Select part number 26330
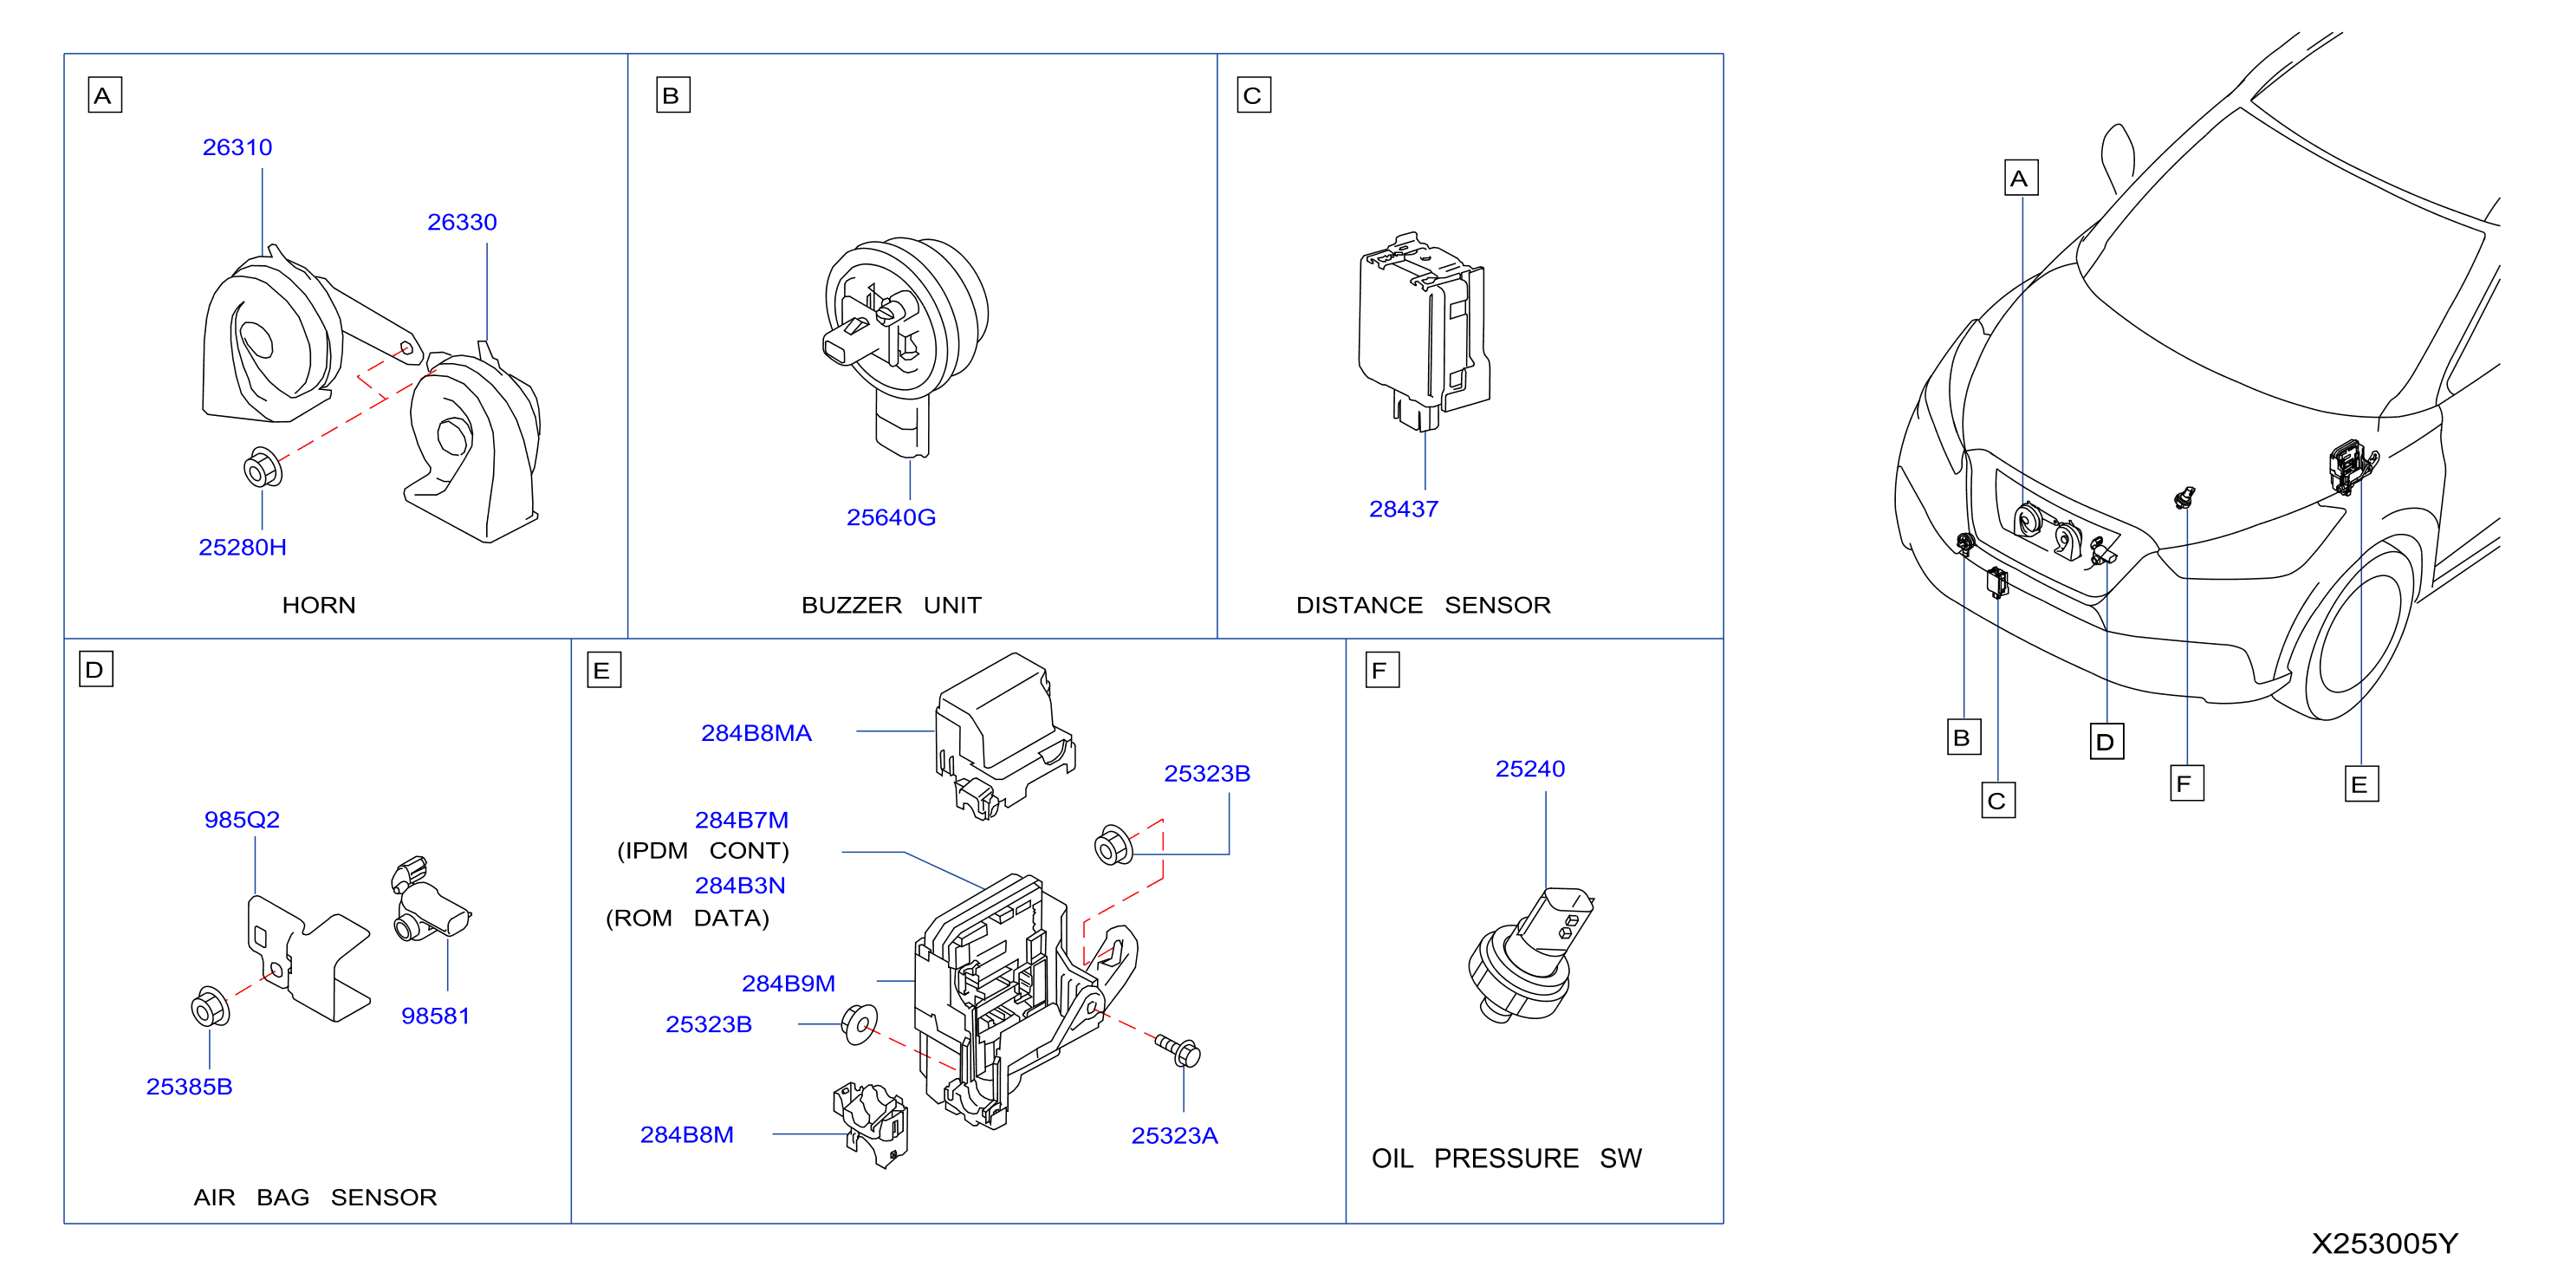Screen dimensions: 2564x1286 [462, 222]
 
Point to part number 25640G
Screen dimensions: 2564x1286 [891, 517]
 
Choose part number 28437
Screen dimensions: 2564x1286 [1404, 509]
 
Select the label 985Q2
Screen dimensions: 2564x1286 [242, 819]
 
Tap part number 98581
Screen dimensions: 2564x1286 [435, 1016]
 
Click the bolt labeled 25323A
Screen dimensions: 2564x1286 [1178, 1050]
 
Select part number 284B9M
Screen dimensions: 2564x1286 [789, 984]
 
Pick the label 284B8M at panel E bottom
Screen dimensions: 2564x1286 [687, 1134]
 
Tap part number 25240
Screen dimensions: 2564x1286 [1530, 769]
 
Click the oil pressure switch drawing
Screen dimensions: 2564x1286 [1530, 956]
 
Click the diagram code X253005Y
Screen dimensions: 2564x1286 [2385, 1244]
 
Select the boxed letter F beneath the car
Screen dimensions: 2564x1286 [2187, 783]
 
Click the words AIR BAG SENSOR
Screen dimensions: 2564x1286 [315, 1197]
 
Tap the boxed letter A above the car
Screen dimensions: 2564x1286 [2022, 179]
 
